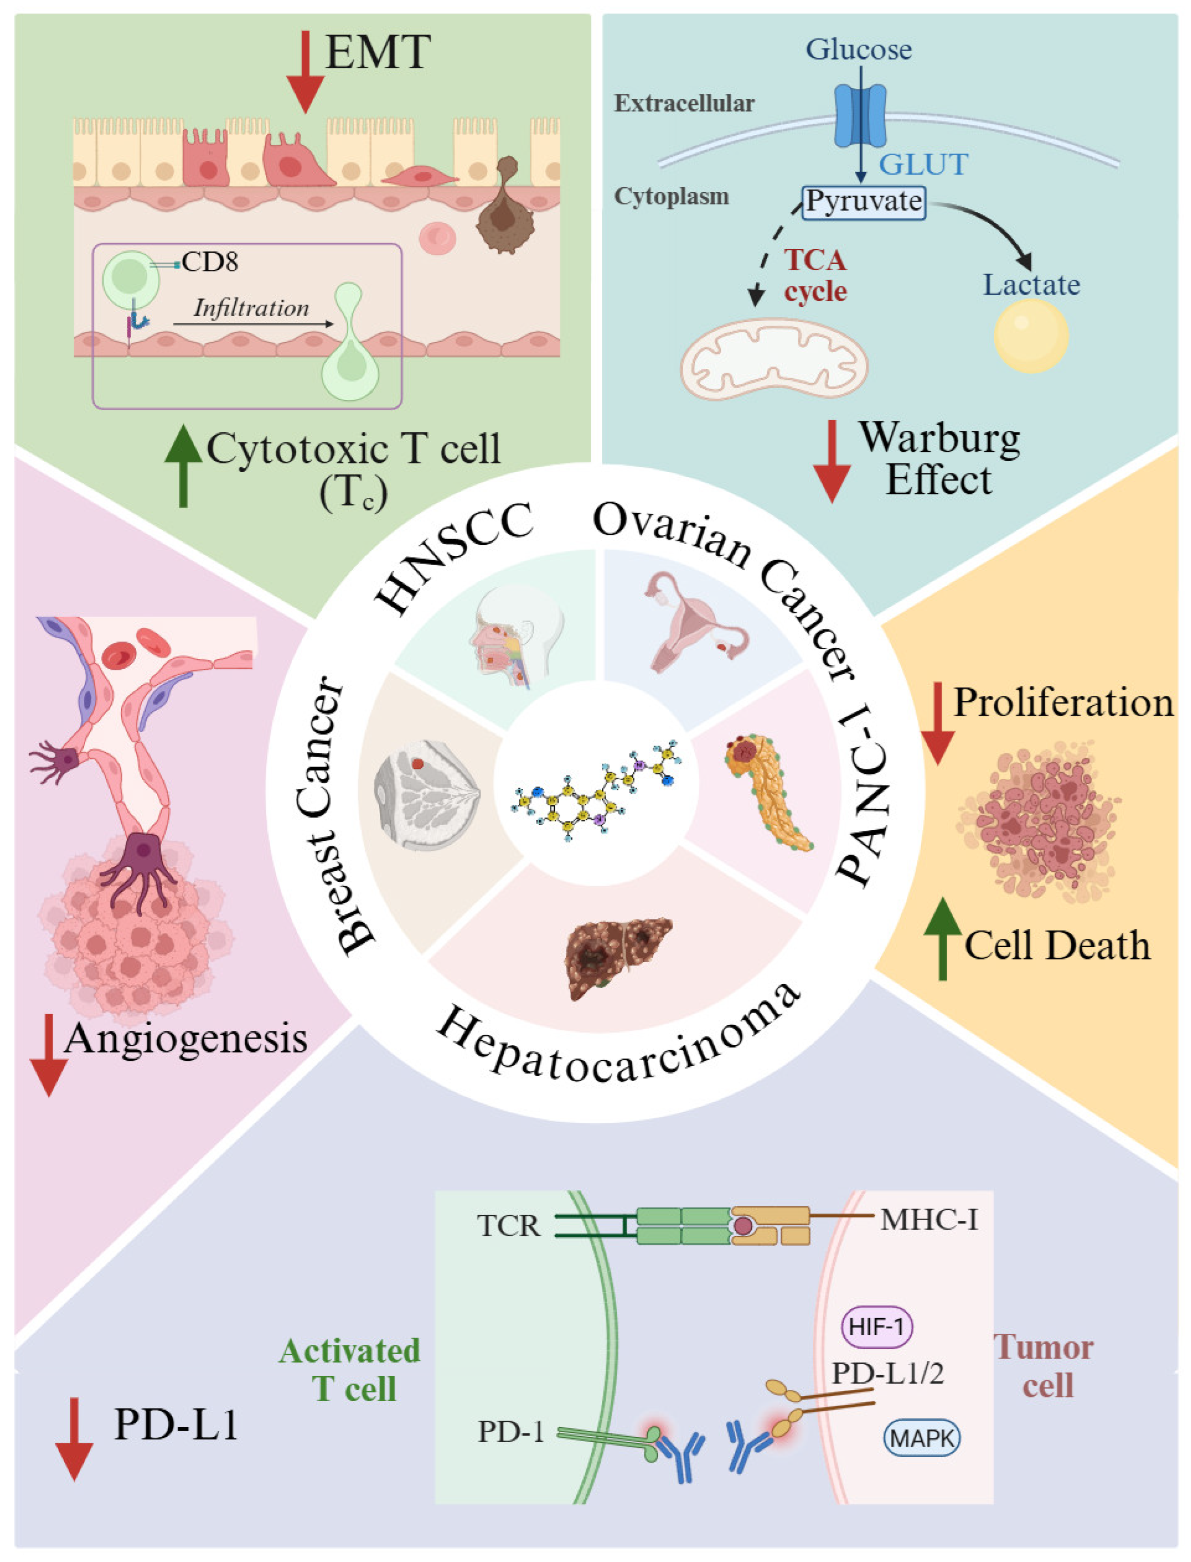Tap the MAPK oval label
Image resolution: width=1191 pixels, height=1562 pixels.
(922, 1438)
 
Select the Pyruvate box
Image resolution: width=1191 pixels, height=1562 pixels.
(863, 202)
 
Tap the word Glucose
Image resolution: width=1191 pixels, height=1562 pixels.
(859, 50)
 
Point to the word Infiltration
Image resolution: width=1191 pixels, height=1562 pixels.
(252, 308)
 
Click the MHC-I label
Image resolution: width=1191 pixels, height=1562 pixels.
(929, 1220)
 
